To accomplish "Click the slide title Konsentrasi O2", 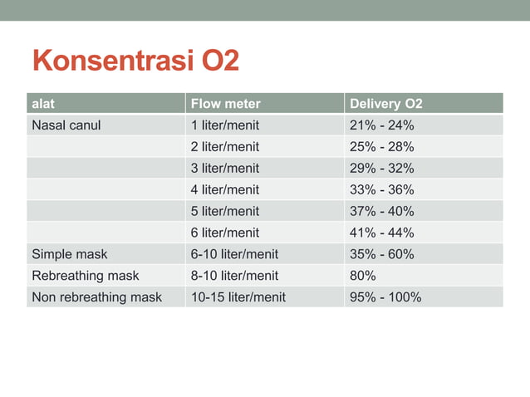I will (x=135, y=61).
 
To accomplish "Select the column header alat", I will (x=42, y=104).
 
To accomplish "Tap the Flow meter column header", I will (x=225, y=104).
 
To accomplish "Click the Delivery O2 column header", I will (x=386, y=104).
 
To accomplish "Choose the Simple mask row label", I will (x=69, y=254).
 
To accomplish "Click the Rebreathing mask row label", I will (x=85, y=275).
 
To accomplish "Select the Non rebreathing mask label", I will (x=96, y=297).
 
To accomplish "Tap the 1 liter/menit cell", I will (x=225, y=125).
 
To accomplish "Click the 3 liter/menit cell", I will (x=225, y=168).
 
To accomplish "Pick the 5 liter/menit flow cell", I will (x=225, y=211).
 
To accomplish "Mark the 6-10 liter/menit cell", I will (x=234, y=254).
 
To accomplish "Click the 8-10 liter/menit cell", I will (x=234, y=275).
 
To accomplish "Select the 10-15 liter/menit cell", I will (x=238, y=297).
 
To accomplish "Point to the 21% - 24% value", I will (x=382, y=125).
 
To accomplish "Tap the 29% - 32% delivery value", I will (x=382, y=168).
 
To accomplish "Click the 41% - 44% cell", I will (x=382, y=233).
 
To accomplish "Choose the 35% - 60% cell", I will (x=382, y=254).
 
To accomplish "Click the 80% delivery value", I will (x=363, y=275).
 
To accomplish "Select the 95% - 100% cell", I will (x=385, y=297).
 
